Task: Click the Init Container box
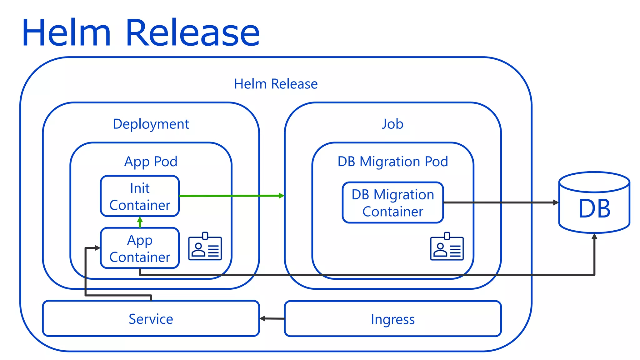[140, 196]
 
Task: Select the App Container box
[140, 248]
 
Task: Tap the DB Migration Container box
[392, 203]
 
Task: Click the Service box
[151, 319]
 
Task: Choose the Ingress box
[392, 319]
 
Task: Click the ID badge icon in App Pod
[205, 247]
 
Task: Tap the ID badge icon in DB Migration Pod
[447, 247]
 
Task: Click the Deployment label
[151, 124]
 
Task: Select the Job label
[392, 124]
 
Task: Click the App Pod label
[151, 162]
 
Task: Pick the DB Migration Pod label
[392, 162]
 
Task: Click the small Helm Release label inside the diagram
[276, 84]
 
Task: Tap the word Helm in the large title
[66, 33]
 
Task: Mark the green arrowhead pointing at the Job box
[282, 196]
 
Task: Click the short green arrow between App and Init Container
[140, 222]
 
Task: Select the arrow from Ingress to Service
[272, 318]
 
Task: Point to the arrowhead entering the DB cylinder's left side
[556, 202]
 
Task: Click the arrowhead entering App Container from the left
[97, 248]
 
